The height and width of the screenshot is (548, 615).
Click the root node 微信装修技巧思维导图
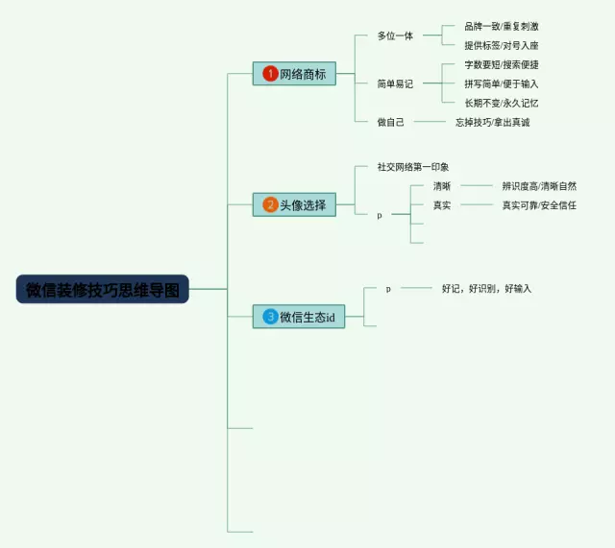point(103,289)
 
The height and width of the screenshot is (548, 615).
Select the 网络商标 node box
point(294,74)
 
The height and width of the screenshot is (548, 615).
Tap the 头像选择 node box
point(294,204)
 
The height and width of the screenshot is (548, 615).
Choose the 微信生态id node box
point(299,317)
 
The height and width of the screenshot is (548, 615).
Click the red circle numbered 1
point(271,74)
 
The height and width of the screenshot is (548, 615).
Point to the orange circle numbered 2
point(271,204)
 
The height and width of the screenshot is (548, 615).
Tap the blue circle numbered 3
point(271,317)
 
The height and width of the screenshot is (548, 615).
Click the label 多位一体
point(395,36)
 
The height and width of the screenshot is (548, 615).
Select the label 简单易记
point(395,84)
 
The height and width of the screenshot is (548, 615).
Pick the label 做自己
point(391,122)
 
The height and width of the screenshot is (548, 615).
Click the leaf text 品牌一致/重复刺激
point(501,27)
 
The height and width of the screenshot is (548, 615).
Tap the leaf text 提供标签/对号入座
point(501,45)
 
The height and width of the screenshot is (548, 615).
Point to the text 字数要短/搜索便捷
point(501,65)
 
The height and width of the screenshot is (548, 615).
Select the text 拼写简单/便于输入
point(501,83)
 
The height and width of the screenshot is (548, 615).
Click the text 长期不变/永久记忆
point(501,103)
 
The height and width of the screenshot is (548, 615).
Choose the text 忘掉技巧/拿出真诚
point(492,122)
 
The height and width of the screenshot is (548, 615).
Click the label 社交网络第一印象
point(413,167)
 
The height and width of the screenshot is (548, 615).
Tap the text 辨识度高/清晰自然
point(539,186)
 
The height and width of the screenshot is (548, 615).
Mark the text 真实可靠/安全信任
point(539,205)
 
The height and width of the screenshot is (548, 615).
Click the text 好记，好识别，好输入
point(486,288)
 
